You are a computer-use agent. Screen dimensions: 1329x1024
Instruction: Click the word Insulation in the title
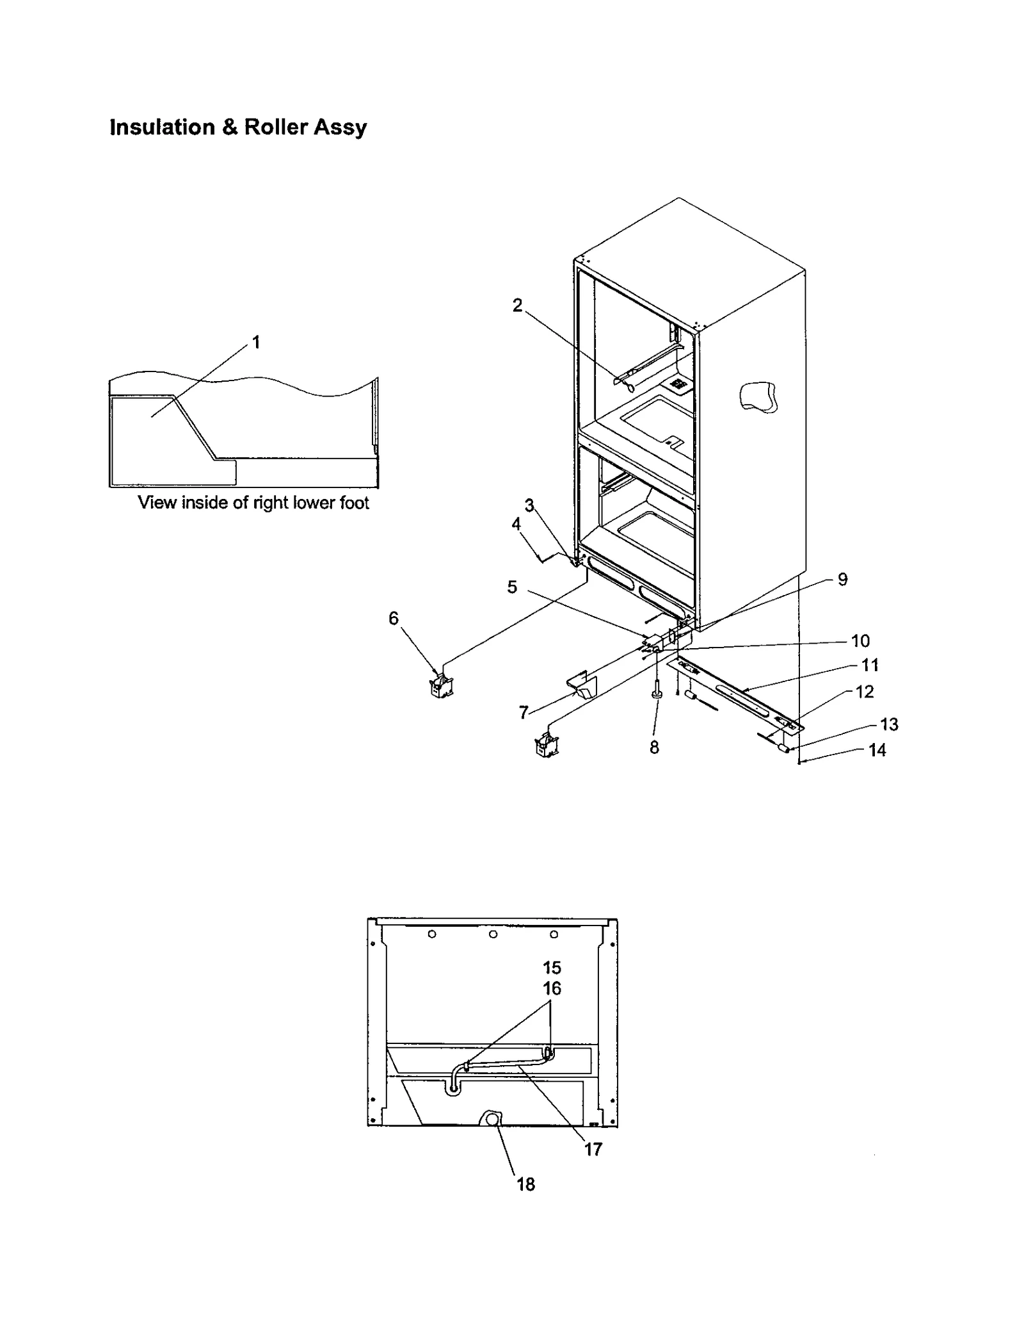(163, 127)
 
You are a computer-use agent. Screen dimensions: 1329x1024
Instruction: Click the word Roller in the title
(276, 127)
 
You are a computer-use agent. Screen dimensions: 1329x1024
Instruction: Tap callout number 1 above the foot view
(256, 343)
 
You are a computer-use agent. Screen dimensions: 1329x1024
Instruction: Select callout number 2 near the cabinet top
(517, 306)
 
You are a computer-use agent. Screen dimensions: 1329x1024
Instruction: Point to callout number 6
(394, 618)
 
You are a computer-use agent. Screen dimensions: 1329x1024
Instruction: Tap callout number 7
(524, 712)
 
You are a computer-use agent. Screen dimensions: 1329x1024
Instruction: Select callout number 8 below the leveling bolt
(654, 747)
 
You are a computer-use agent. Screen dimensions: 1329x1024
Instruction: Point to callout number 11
(870, 665)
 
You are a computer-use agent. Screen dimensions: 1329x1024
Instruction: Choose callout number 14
(877, 750)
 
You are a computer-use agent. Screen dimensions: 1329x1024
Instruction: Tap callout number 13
(889, 724)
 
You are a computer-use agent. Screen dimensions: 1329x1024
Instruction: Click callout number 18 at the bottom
(525, 1184)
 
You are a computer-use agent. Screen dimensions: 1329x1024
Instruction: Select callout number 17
(593, 1149)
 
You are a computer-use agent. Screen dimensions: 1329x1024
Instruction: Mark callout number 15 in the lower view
(552, 968)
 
